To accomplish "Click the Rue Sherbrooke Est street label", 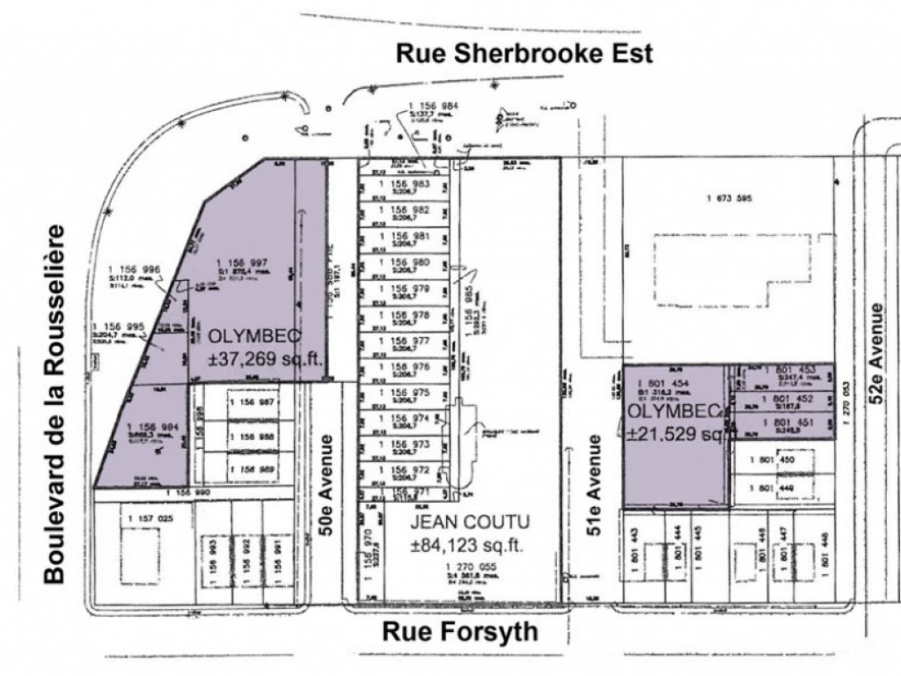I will click(524, 54).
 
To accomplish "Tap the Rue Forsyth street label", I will click(460, 632).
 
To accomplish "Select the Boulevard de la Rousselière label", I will click(55, 403).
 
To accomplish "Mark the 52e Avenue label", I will click(877, 353).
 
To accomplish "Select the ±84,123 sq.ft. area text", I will click(466, 546).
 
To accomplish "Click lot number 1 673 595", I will click(729, 198).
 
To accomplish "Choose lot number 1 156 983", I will click(403, 184).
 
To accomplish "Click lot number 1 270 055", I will click(472, 566).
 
